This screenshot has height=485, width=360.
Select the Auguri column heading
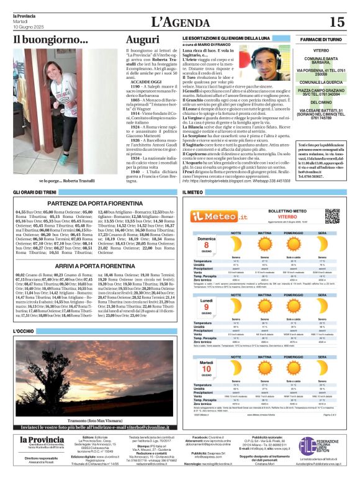point(142,40)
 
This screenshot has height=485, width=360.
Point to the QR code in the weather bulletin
point(332,215)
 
